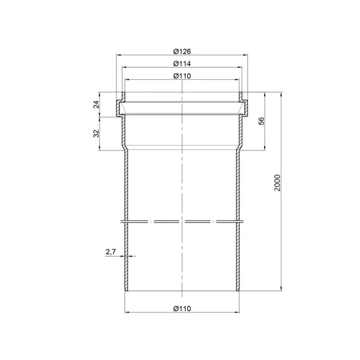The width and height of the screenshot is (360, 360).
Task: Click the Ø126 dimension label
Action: coord(182,51)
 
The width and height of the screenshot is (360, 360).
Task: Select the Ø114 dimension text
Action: coord(182,64)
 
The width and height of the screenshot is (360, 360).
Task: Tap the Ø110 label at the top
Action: coord(182,76)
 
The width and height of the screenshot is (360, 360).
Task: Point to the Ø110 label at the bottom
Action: coord(182,308)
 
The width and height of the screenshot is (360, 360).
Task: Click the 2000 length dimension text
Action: coord(277,183)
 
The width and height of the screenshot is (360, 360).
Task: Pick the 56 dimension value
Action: coord(261,121)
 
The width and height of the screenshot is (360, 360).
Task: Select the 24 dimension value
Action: coord(97,104)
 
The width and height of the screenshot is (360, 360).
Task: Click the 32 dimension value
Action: coord(97,134)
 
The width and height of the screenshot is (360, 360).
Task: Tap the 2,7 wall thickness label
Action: coord(110,252)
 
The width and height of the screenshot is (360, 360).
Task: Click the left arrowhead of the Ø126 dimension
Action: coord(118,55)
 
